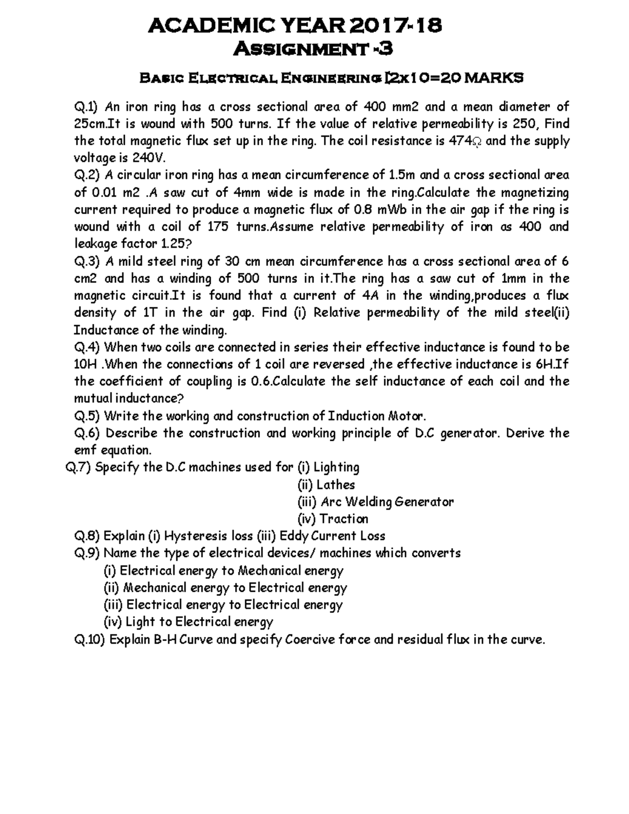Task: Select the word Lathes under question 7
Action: [x=335, y=484]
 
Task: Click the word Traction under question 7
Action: [x=344, y=519]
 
